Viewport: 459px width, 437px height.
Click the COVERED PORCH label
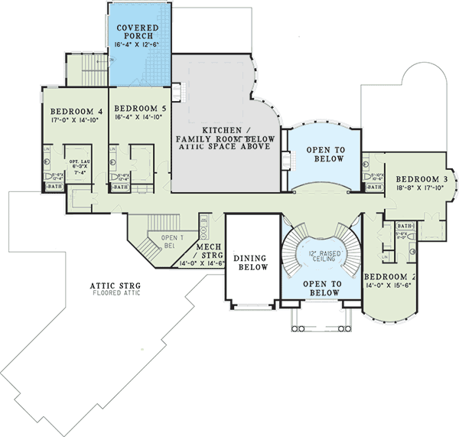138,33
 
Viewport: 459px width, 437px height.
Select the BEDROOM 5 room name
138,109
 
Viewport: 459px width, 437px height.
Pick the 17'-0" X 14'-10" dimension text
73,120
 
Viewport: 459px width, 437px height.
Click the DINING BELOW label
251,263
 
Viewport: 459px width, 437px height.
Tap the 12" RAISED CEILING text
320,256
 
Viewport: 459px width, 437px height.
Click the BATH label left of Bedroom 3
373,187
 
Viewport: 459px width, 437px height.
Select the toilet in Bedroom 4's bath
47,175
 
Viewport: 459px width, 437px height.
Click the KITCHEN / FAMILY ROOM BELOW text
222,135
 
